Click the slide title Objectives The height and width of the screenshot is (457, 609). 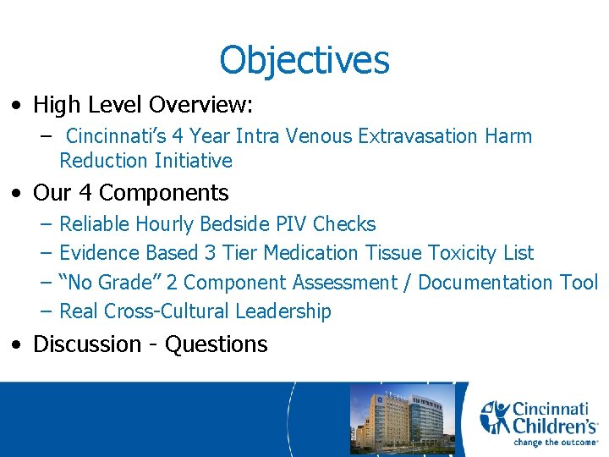[x=304, y=60]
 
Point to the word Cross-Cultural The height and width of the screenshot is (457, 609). [x=167, y=311]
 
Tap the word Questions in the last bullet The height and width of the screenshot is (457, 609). [x=216, y=344]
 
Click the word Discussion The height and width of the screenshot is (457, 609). [x=87, y=344]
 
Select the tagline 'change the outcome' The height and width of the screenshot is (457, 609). [x=555, y=442]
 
